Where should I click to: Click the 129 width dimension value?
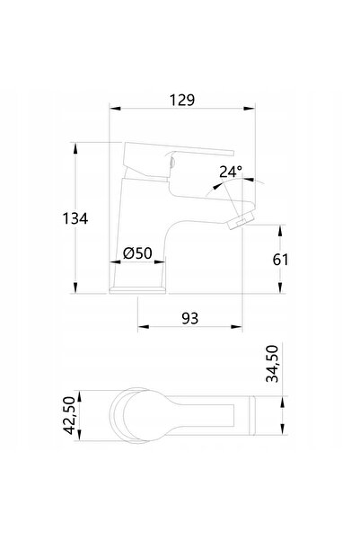[182, 100]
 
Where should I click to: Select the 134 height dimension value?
[75, 218]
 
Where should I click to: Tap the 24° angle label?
[231, 172]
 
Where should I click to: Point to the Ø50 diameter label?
[137, 253]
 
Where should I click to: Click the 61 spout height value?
[280, 260]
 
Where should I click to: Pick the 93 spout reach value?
[190, 319]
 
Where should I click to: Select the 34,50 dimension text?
[272, 364]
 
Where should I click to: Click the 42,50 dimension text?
[69, 415]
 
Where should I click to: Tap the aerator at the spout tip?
[242, 220]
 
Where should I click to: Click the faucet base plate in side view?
[137, 291]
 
